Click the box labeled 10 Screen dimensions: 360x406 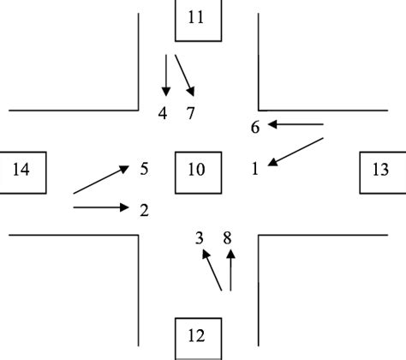coord(196,170)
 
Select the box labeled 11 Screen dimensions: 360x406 coord(196,19)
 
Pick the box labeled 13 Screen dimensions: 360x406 coord(380,170)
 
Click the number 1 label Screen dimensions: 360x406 coord(254,170)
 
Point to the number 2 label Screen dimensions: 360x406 coord(145,208)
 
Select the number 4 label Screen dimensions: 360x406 coord(163,113)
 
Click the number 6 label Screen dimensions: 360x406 coord(254,128)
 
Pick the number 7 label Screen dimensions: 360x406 coord(191,113)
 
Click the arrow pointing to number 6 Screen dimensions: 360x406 coord(296,125)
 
